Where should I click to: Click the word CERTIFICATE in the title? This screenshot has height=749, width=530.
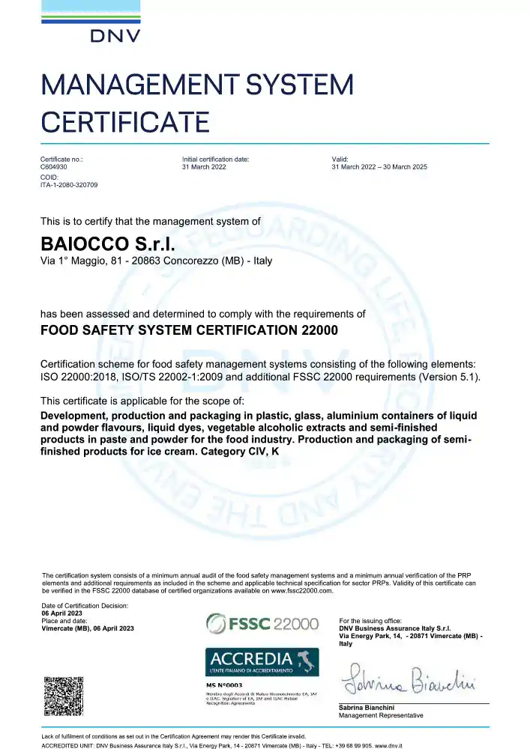124,121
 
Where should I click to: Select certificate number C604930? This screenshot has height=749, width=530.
52,167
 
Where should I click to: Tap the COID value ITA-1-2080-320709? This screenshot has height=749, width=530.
68,184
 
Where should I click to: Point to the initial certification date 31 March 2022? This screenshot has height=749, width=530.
204,167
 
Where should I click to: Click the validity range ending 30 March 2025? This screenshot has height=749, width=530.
379,167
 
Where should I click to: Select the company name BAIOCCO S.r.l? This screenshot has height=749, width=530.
106,244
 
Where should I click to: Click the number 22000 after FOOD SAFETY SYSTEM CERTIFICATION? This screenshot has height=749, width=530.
313,330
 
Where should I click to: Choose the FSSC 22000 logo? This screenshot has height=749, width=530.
262,623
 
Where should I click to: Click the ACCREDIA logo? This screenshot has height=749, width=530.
262,661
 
